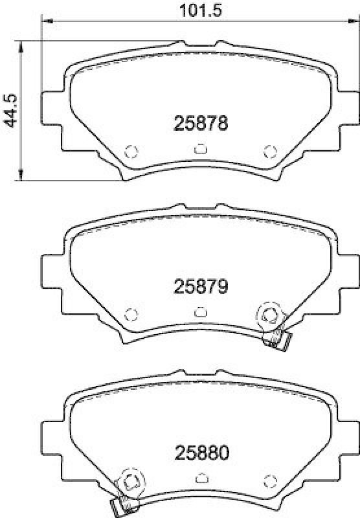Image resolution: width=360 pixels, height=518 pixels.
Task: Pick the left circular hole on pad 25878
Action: (x=131, y=151)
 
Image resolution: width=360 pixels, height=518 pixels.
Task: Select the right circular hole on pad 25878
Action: (x=269, y=151)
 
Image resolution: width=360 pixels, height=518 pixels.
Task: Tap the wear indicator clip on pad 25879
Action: (x=278, y=338)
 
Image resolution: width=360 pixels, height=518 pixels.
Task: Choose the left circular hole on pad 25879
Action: (x=131, y=314)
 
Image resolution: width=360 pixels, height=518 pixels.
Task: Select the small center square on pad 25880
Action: (x=199, y=478)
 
